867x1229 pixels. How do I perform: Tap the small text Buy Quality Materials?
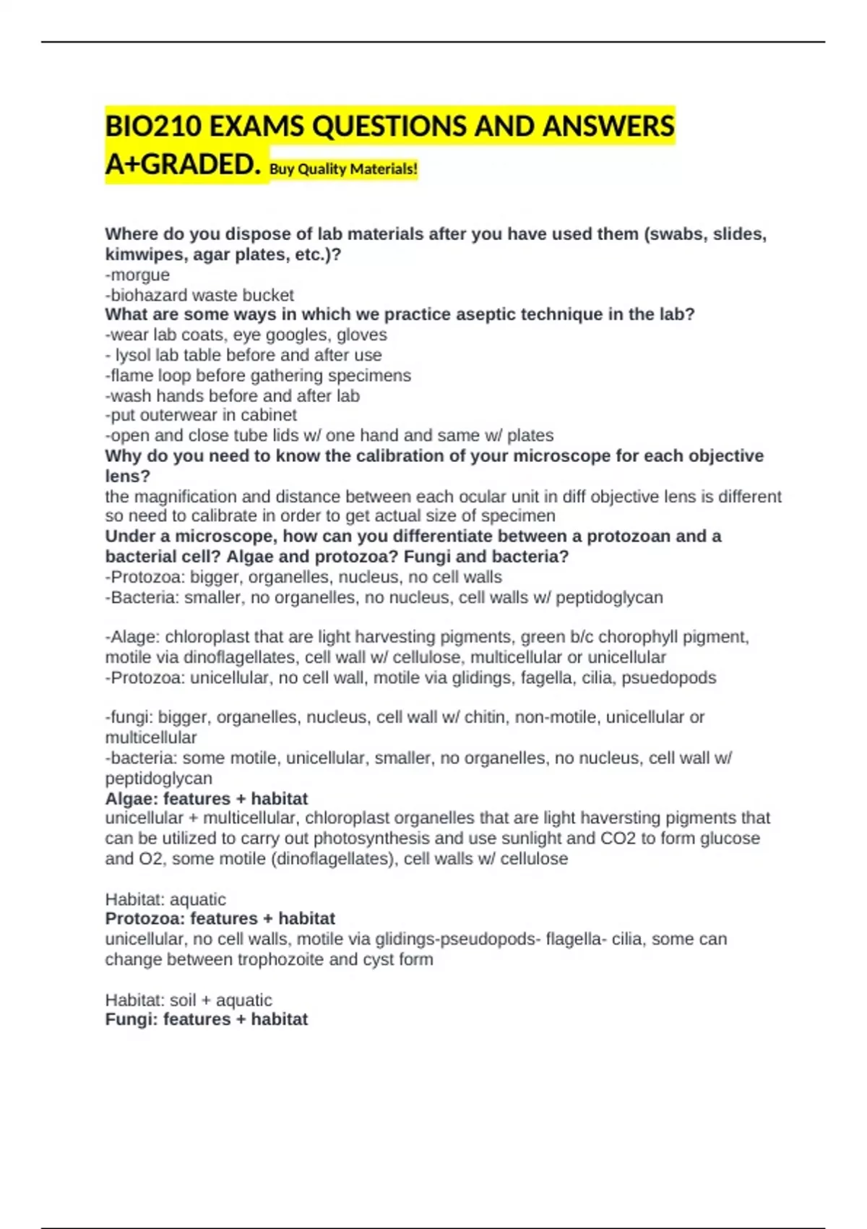pyautogui.click(x=343, y=169)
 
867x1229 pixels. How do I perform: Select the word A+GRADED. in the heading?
pyautogui.click(x=182, y=165)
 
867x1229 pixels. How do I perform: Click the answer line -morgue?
pyautogui.click(x=137, y=275)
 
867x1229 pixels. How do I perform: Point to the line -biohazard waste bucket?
pyautogui.click(x=199, y=295)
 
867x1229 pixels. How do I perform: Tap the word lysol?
pyautogui.click(x=132, y=355)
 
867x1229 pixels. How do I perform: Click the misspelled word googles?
pyautogui.click(x=302, y=335)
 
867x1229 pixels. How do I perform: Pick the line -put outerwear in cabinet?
pyautogui.click(x=201, y=415)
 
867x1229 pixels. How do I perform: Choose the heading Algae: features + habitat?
pyautogui.click(x=206, y=799)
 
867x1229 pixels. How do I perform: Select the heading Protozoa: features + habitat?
pyautogui.click(x=220, y=919)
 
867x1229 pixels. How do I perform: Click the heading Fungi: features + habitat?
pyautogui.click(x=206, y=1019)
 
